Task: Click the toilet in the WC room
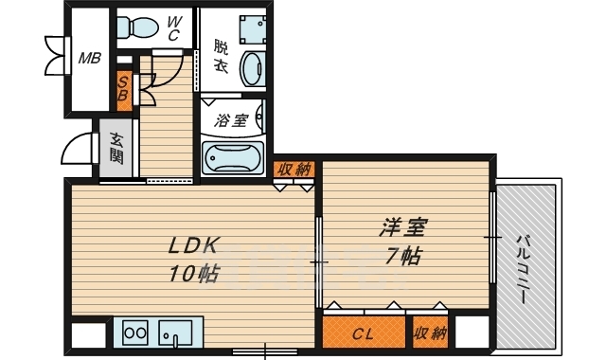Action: (137, 27)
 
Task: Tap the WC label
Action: (173, 28)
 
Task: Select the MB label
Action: (90, 59)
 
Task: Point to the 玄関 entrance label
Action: (116, 148)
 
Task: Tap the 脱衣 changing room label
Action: (221, 57)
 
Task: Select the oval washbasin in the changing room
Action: (253, 68)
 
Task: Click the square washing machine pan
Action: (253, 29)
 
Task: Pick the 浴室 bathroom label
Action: (231, 120)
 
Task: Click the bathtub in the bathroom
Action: (233, 157)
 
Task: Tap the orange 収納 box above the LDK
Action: (294, 170)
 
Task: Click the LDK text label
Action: (194, 245)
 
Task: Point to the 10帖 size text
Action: (193, 274)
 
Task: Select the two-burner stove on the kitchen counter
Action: (134, 333)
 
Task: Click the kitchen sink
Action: (176, 333)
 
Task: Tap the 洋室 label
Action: (402, 226)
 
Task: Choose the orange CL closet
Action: (364, 333)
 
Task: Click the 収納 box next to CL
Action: (430, 333)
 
